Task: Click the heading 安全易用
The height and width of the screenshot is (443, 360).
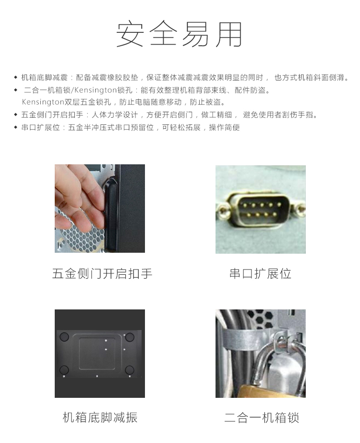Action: point(180,35)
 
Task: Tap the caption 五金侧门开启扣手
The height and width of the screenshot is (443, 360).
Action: point(102,274)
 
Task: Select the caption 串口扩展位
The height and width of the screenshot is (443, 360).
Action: point(260,274)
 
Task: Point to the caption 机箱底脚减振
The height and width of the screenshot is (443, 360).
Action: point(100,418)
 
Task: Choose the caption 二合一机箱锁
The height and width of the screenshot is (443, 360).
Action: point(262,418)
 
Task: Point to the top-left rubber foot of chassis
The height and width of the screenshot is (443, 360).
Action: point(64,337)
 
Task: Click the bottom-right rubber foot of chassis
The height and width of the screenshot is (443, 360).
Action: point(129,369)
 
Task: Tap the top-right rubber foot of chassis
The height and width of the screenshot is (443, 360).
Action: point(130,337)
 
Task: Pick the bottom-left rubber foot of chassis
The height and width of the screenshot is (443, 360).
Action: point(64,370)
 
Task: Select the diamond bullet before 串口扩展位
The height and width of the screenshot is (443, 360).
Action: point(15,127)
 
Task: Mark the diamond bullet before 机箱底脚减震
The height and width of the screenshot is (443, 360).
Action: point(15,77)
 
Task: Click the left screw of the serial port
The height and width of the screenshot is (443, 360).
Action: point(223,210)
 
